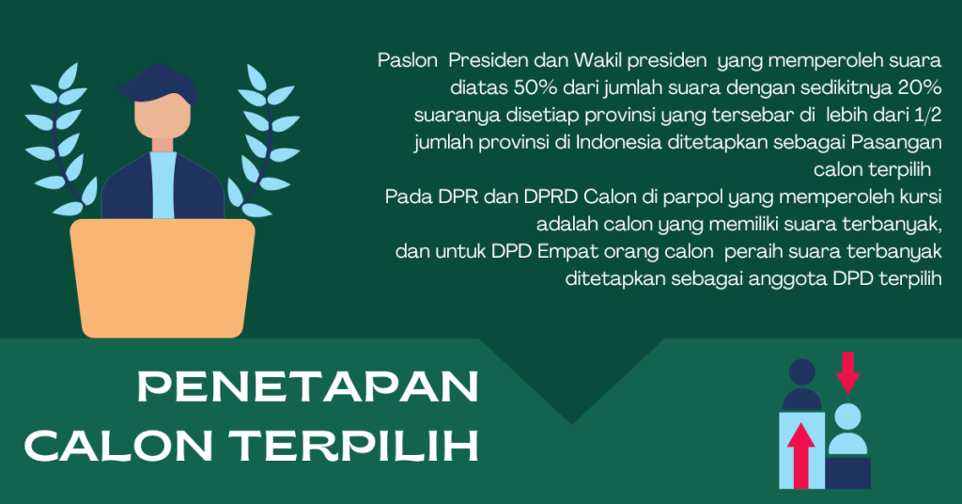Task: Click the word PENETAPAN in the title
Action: tap(308, 386)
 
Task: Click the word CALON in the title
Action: tap(118, 445)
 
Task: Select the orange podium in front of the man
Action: tap(163, 278)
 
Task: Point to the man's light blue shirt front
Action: tap(163, 185)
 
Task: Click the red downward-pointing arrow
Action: tap(848, 372)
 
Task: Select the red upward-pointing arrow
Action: tap(800, 455)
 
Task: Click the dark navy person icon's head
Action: tap(802, 372)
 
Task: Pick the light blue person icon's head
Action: tap(848, 417)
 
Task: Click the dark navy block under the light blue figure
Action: tap(848, 473)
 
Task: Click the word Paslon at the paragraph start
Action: tap(408, 60)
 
